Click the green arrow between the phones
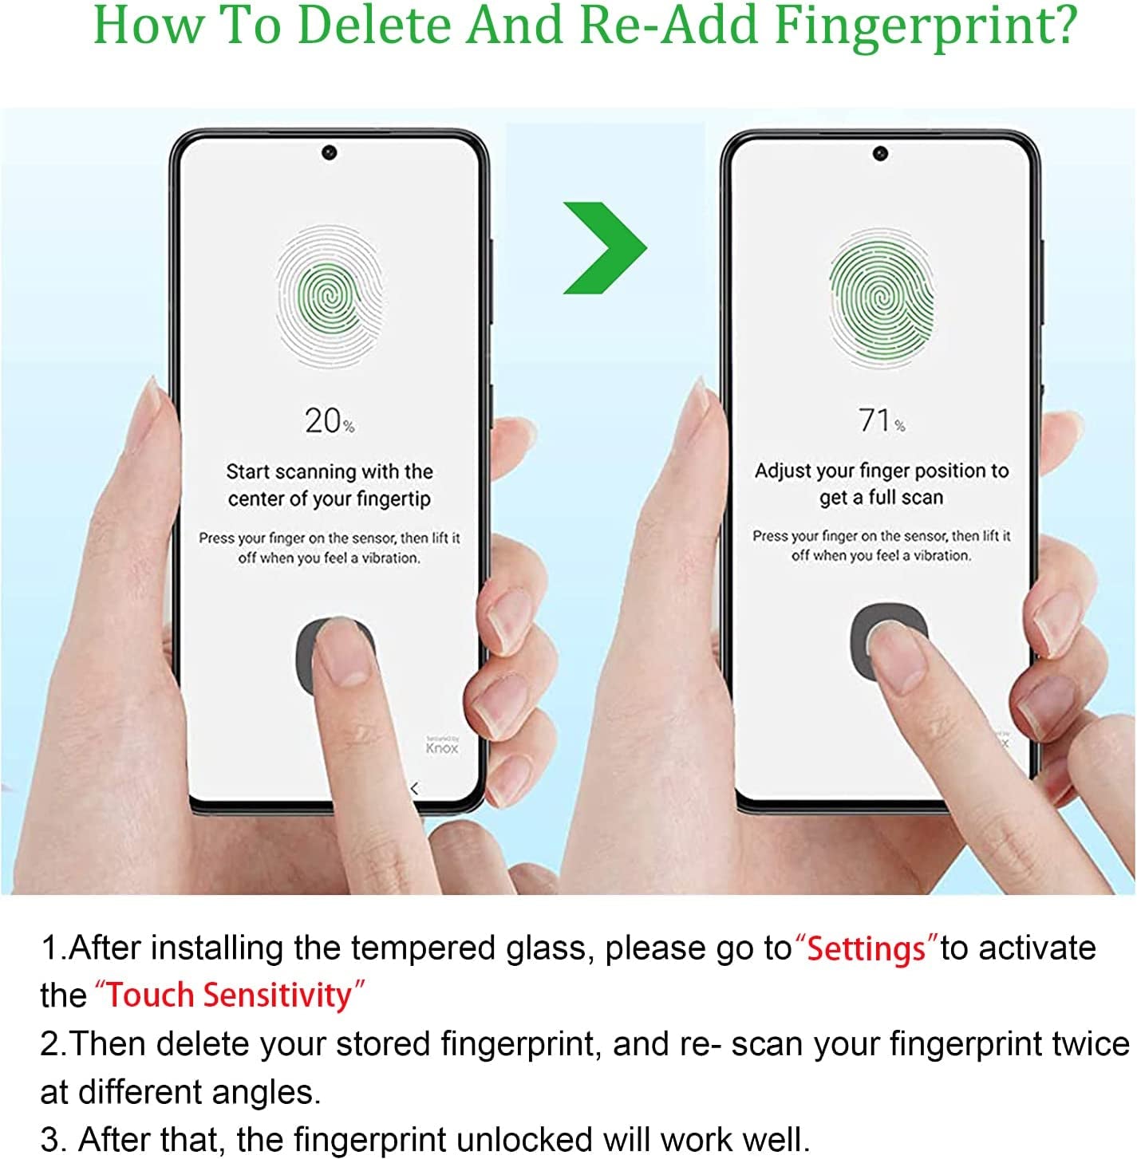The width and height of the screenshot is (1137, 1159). [602, 248]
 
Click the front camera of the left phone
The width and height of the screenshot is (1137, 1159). [329, 152]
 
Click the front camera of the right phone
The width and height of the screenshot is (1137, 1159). [880, 153]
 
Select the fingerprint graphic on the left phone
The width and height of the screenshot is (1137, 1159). [329, 296]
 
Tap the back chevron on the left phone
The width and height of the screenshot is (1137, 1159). [414, 788]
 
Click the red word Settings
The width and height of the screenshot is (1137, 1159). [867, 949]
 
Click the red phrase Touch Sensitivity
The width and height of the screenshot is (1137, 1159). [230, 995]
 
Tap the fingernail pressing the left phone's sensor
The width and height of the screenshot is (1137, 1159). [340, 653]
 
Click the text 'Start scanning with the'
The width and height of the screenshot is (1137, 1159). [329, 471]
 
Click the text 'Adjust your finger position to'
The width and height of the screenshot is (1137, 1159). [882, 471]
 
